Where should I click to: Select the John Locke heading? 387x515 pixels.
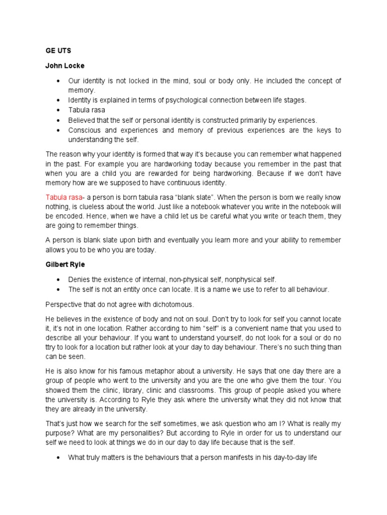tap(65, 66)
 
